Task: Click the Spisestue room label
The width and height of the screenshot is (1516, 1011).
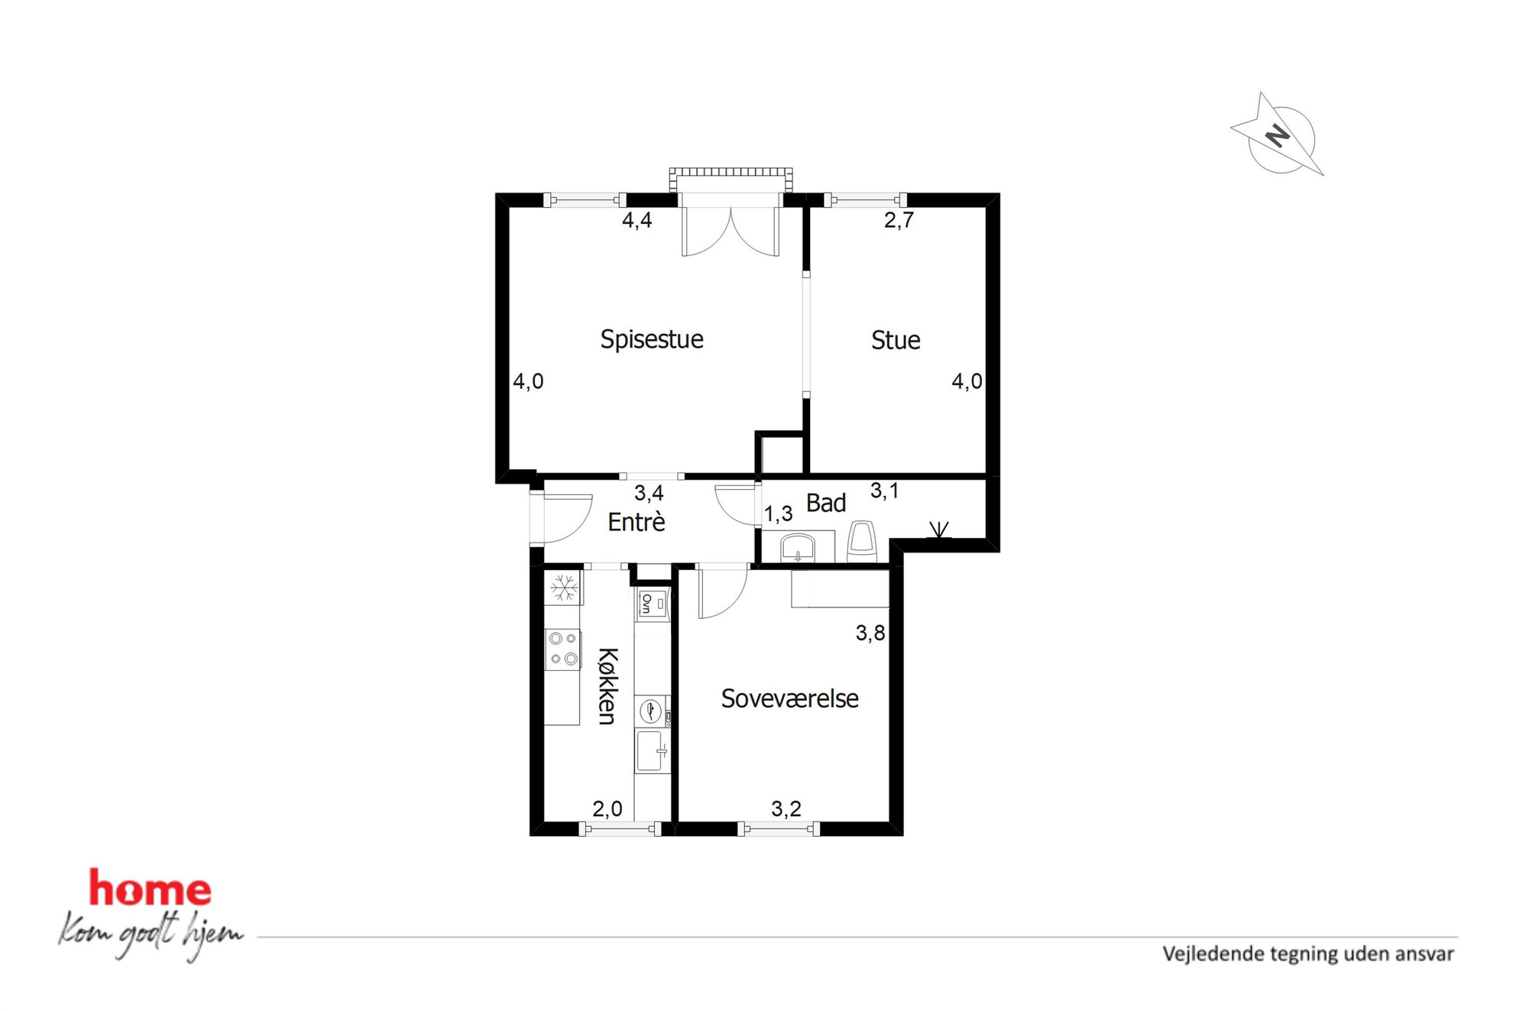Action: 651,339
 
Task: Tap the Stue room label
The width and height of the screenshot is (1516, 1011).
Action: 896,340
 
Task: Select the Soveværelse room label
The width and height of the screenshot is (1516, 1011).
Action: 789,698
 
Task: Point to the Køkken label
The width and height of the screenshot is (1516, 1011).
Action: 607,685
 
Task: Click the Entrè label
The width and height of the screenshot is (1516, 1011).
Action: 637,522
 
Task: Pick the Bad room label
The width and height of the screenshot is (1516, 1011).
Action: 826,503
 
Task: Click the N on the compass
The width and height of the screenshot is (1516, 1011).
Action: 1277,137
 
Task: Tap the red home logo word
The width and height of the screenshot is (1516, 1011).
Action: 150,888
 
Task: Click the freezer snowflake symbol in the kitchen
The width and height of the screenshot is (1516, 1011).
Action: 564,588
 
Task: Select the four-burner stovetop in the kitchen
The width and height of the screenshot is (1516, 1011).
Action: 563,649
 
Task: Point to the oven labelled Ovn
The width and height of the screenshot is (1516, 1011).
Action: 652,604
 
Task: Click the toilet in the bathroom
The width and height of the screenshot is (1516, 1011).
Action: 862,542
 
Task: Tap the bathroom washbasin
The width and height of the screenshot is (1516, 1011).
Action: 798,548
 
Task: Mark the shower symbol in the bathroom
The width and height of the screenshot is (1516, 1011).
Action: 939,530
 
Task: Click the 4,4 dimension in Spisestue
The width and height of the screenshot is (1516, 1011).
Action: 637,220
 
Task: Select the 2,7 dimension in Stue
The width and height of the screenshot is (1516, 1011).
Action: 899,220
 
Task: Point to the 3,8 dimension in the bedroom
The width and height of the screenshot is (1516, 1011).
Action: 870,633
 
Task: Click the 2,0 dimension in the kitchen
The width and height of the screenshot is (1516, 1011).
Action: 607,808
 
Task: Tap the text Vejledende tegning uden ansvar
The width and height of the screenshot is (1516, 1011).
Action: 1307,954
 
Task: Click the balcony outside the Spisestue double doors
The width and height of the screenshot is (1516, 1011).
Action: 730,180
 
